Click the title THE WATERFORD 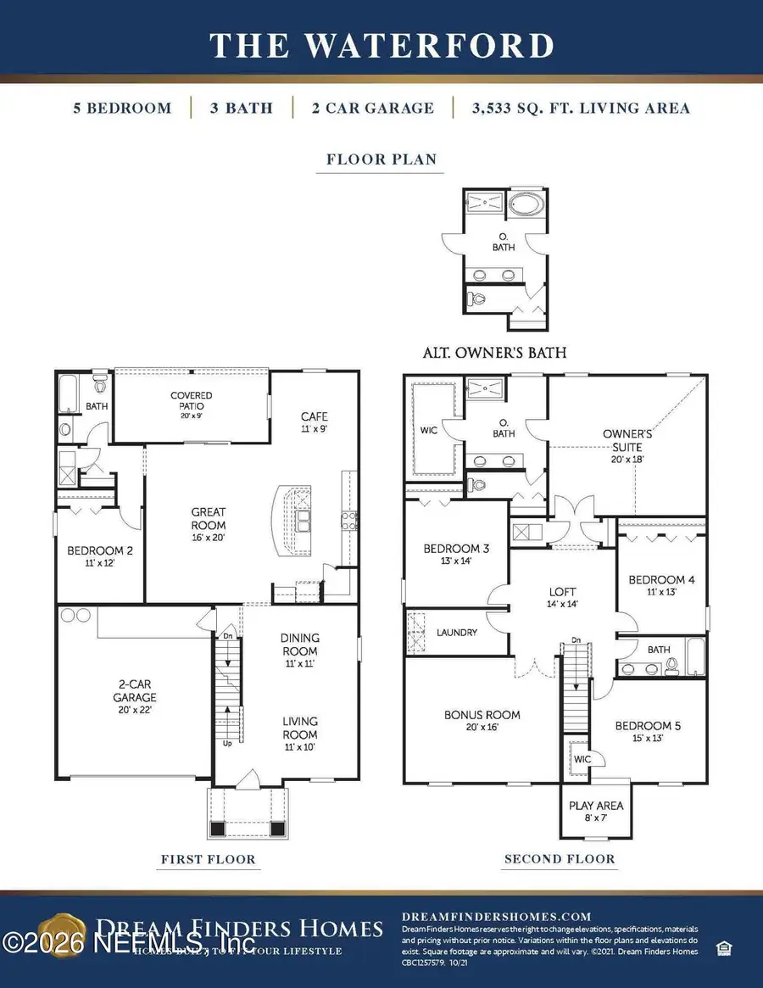(381, 45)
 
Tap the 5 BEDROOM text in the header (122, 108)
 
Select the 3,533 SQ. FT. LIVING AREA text (571, 108)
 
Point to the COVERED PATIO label (192, 400)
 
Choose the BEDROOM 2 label (100, 555)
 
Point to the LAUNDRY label (457, 633)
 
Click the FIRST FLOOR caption (208, 859)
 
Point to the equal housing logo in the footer (721, 946)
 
